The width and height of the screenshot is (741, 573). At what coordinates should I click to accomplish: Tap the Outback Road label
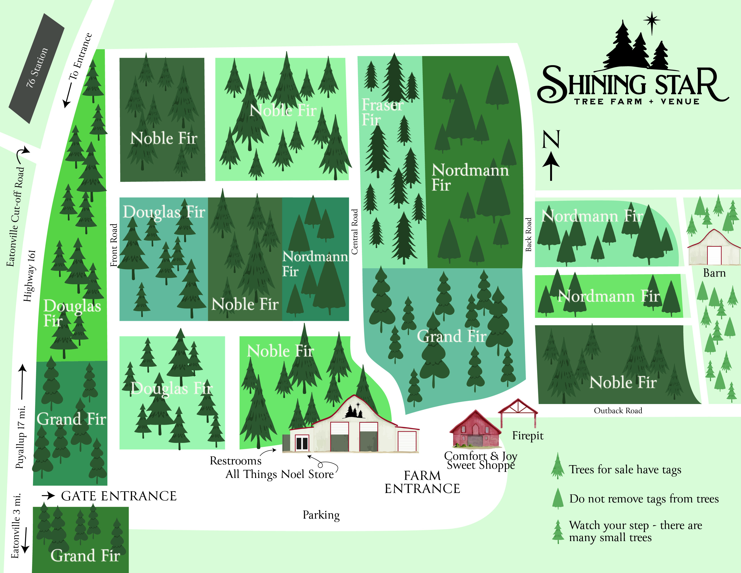pyautogui.click(x=618, y=411)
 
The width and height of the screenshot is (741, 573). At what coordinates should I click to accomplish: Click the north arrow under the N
pyautogui.click(x=551, y=166)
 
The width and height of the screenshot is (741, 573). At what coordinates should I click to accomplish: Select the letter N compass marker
pyautogui.click(x=551, y=140)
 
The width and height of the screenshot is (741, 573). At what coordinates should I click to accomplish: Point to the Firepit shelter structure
pyautogui.click(x=518, y=412)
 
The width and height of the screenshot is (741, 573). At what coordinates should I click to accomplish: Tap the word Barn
pyautogui.click(x=714, y=273)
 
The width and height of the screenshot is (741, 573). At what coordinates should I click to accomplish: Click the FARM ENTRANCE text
pyautogui.click(x=422, y=482)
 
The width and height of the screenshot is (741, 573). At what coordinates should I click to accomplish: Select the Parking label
pyautogui.click(x=321, y=515)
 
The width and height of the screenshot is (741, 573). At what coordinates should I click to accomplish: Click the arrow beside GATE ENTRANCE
pyautogui.click(x=48, y=496)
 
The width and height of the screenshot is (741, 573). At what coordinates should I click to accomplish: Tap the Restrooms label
pyautogui.click(x=236, y=461)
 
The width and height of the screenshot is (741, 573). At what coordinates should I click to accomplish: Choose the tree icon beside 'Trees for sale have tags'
pyautogui.click(x=558, y=466)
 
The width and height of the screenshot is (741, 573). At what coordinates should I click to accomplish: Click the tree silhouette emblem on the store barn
pyautogui.click(x=354, y=412)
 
